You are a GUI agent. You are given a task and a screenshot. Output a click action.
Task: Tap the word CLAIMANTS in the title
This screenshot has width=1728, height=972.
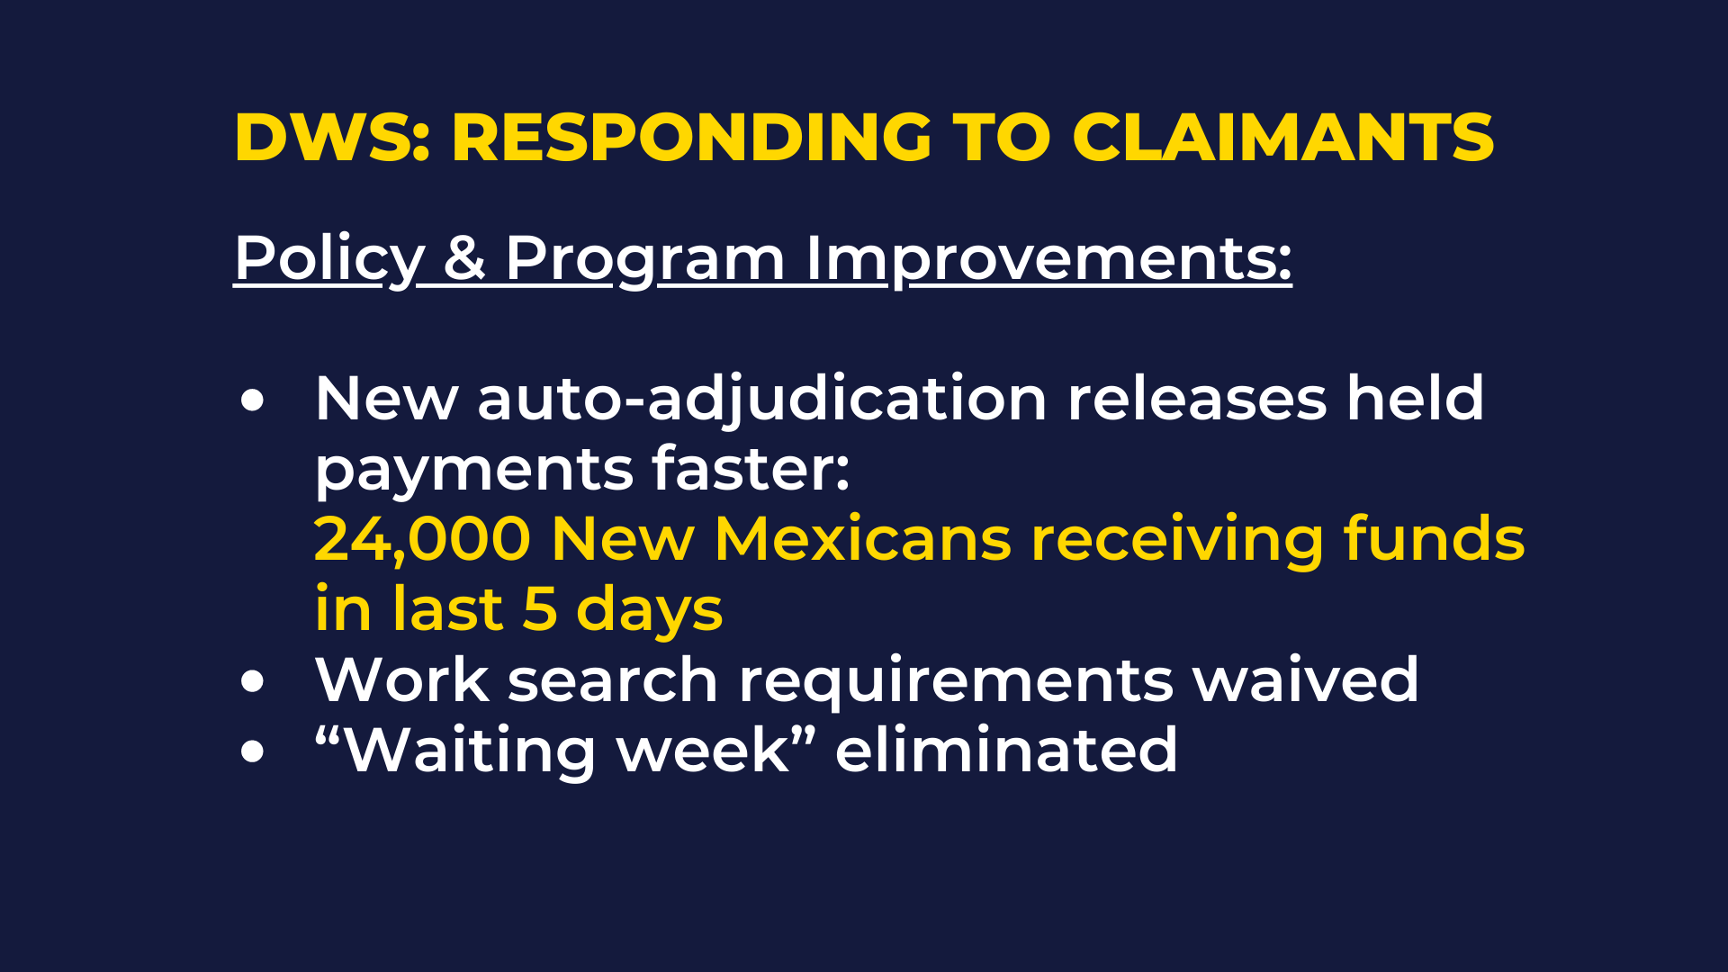coord(1283,138)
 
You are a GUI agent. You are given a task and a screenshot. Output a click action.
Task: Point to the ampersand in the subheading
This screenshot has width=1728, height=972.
coord(464,259)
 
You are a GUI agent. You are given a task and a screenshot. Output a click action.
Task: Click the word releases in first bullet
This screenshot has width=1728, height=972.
coord(1197,400)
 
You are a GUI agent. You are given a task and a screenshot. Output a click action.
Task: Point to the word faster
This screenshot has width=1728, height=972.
coord(751,469)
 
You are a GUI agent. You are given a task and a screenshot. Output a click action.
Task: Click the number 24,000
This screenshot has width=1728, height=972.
coord(422,540)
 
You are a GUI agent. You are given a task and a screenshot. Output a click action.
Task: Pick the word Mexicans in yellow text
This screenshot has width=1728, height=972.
coord(863,539)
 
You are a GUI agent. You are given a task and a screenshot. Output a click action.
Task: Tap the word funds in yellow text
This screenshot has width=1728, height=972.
coord(1435,538)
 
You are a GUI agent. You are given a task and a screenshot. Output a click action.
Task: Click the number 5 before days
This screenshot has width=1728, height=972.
coord(540,609)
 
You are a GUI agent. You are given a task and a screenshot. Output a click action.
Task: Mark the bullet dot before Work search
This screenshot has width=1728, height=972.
coord(253,681)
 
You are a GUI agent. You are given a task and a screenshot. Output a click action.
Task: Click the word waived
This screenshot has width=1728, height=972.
coord(1306,679)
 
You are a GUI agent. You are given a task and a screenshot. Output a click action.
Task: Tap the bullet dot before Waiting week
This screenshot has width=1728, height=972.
coord(253,751)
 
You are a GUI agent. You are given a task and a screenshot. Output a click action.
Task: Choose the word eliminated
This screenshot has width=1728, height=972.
coord(1006,750)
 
